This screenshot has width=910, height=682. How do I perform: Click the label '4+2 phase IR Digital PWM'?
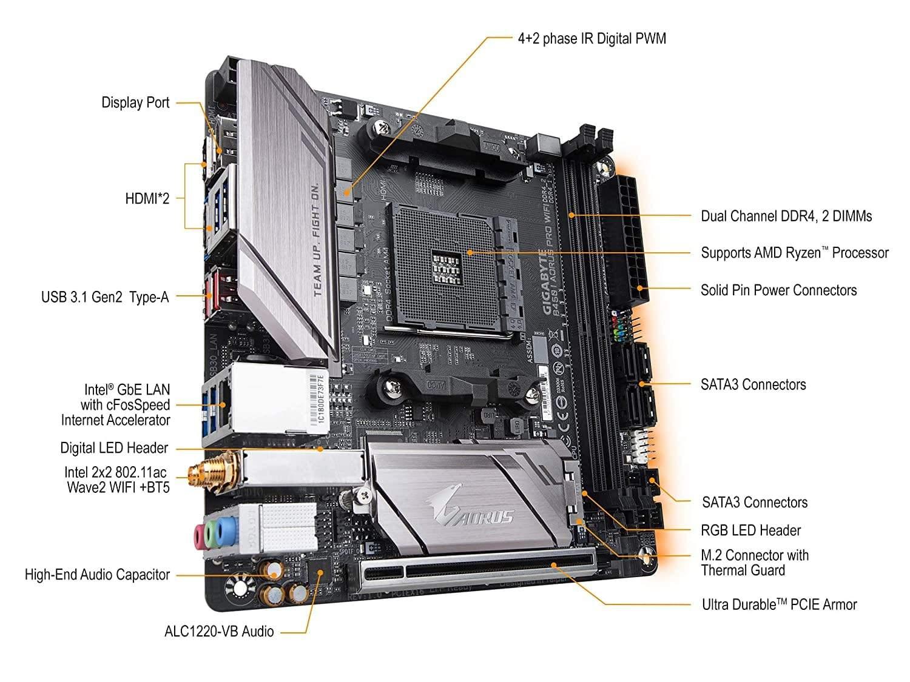click(x=591, y=39)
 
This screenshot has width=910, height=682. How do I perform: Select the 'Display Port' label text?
click(x=135, y=103)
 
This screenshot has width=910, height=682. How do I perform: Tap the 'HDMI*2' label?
click(x=147, y=198)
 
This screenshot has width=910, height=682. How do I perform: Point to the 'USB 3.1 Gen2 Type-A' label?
click(x=105, y=297)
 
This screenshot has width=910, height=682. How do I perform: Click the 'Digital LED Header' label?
click(x=114, y=448)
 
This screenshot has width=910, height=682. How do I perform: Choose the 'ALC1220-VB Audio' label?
click(x=219, y=632)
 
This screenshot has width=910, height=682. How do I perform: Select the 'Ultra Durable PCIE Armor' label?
click(x=779, y=604)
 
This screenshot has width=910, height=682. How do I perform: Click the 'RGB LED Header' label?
click(x=750, y=530)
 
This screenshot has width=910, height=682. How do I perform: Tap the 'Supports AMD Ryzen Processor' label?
click(x=794, y=253)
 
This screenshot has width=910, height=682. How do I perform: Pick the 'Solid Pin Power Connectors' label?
click(x=778, y=290)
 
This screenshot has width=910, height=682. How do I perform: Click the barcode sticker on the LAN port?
click(x=321, y=400)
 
